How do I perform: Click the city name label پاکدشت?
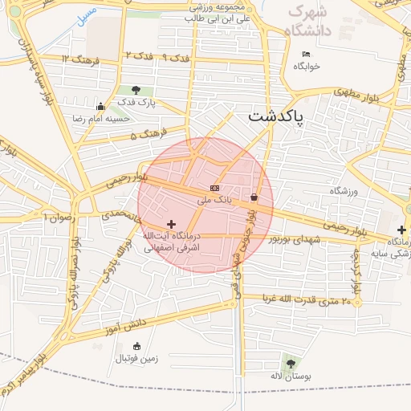(x=276, y=116)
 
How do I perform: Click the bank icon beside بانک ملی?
(x=214, y=187)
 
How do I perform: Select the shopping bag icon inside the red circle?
(x=254, y=197)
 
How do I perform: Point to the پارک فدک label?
(x=136, y=103)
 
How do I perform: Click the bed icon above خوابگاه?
(x=306, y=55)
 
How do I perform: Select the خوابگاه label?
(x=307, y=67)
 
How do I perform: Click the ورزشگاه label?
(x=343, y=191)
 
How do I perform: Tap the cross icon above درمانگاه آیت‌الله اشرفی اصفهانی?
(x=170, y=224)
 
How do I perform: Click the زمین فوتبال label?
(x=139, y=359)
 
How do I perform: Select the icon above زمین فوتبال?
(x=136, y=346)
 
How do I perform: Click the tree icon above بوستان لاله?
(x=290, y=364)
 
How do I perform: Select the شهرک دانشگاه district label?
(x=310, y=21)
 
